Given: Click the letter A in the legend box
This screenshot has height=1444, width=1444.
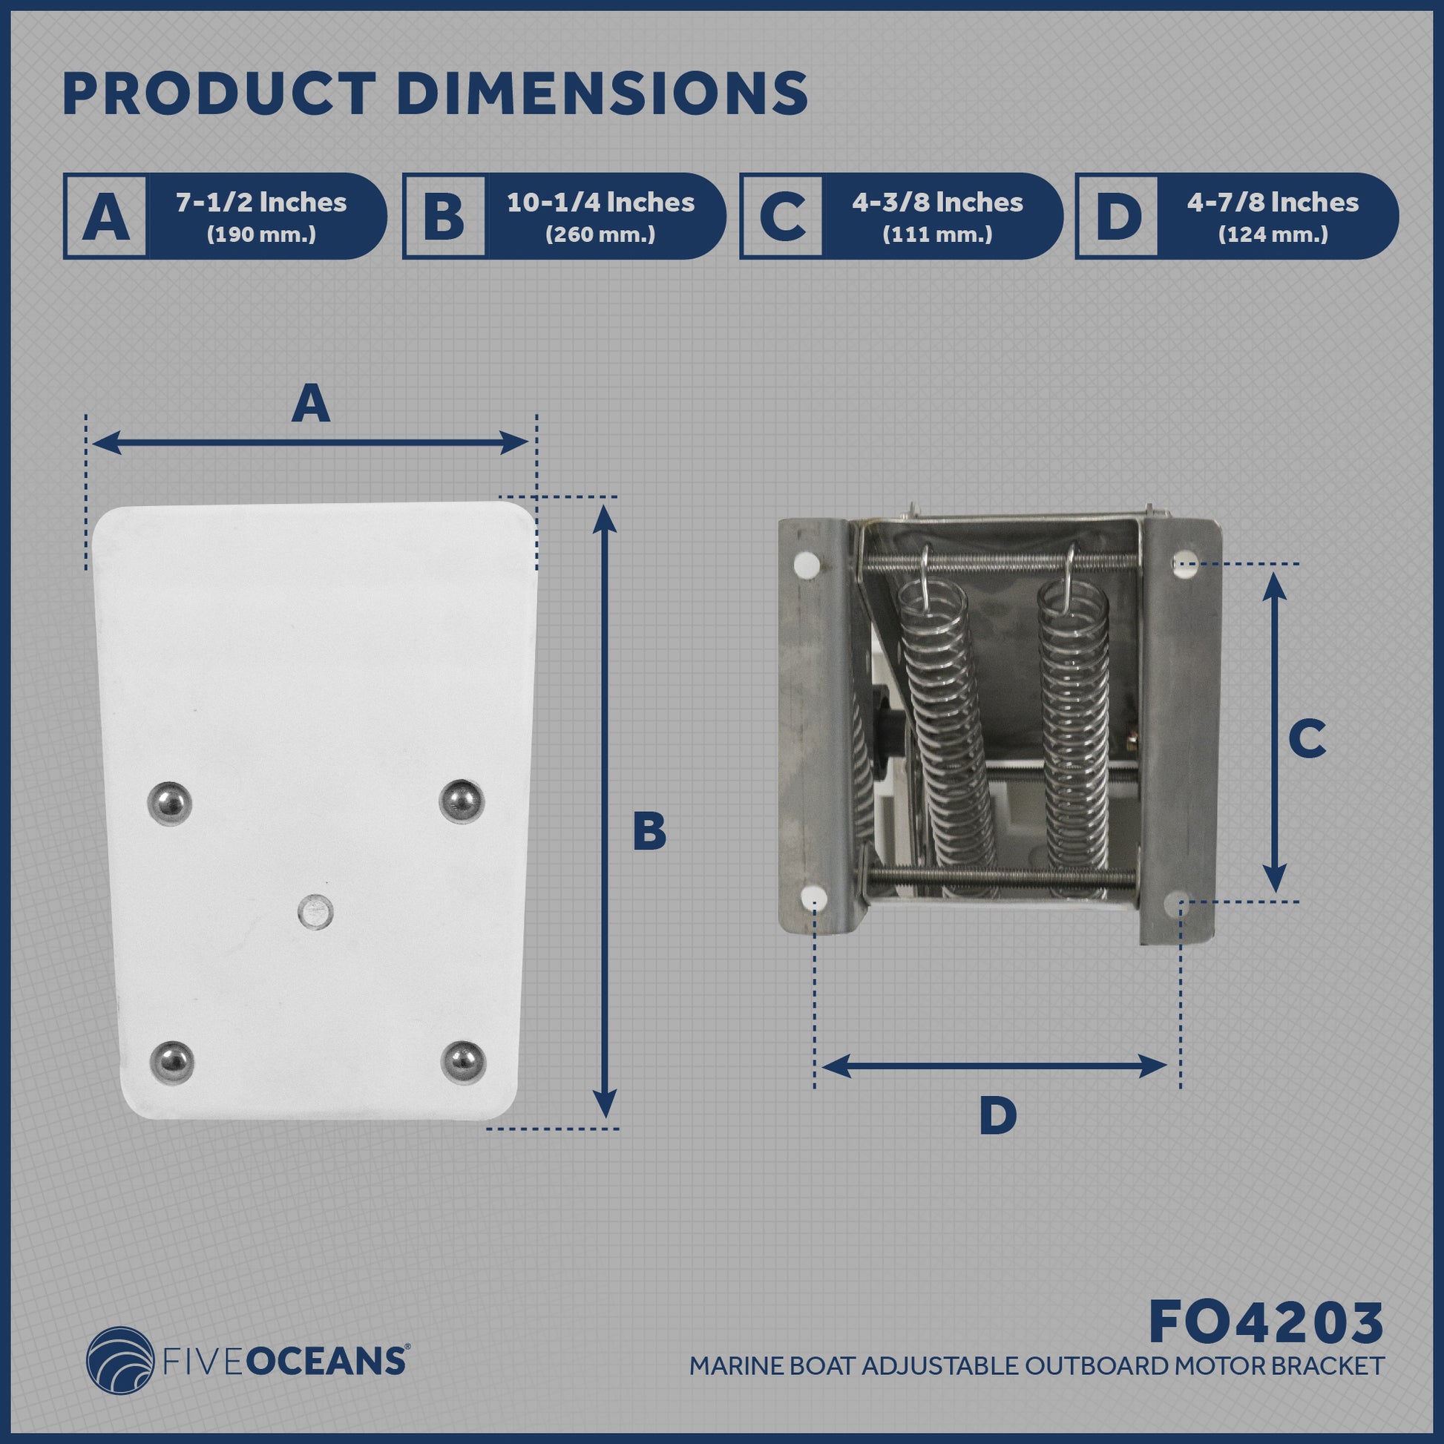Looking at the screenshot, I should point(105,217).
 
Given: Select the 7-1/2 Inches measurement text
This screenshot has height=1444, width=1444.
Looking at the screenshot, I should point(261,203).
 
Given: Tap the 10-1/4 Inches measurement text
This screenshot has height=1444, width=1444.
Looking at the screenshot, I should point(600,203).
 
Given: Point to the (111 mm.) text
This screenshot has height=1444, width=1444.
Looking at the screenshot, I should point(937,234).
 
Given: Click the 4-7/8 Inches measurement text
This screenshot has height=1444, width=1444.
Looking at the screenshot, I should point(1273,203).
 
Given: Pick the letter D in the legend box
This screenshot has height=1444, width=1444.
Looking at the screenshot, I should point(1118,217).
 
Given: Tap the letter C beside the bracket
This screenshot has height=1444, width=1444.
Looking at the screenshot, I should point(1307,739).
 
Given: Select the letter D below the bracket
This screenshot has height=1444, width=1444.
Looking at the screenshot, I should point(998,1137).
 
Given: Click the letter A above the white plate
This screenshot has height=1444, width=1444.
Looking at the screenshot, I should point(311,404).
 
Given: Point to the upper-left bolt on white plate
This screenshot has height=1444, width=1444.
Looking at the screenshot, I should point(171,804).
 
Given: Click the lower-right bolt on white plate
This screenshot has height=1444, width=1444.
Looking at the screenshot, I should point(463,1061).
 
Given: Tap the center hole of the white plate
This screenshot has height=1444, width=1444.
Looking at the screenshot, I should point(315,912).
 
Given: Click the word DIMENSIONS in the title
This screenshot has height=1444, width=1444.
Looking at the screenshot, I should point(606,94).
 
